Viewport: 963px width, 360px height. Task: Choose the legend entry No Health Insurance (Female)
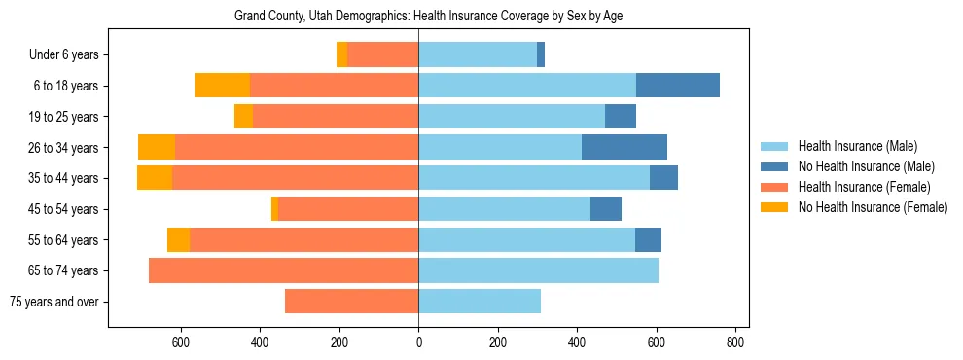(x=872, y=207)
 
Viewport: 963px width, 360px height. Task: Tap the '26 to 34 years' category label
(x=64, y=148)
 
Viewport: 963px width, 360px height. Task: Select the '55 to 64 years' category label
(x=64, y=240)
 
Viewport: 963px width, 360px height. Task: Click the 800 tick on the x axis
(x=735, y=342)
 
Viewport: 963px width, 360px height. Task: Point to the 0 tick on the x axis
(x=418, y=342)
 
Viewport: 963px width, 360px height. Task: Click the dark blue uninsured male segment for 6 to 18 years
(x=678, y=86)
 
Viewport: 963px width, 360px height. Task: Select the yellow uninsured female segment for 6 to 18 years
(x=222, y=86)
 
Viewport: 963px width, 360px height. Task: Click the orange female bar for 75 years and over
(x=351, y=302)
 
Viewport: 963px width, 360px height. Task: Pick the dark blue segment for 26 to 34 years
(x=624, y=148)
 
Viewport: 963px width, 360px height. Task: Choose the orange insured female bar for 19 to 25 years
(x=336, y=117)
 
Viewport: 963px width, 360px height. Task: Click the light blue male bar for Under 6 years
(x=478, y=55)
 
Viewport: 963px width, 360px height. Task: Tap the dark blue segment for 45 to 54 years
(x=606, y=209)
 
